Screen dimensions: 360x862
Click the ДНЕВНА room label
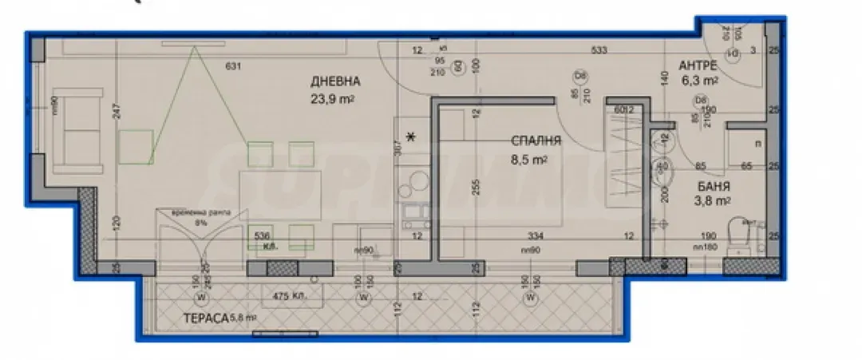tap(336, 81)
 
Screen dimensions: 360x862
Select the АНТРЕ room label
tap(698, 65)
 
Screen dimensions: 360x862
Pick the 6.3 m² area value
tap(699, 81)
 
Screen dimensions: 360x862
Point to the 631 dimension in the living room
tap(233, 66)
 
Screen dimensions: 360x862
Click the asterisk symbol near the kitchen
tap(412, 137)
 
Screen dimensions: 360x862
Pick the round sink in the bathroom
tap(663, 168)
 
